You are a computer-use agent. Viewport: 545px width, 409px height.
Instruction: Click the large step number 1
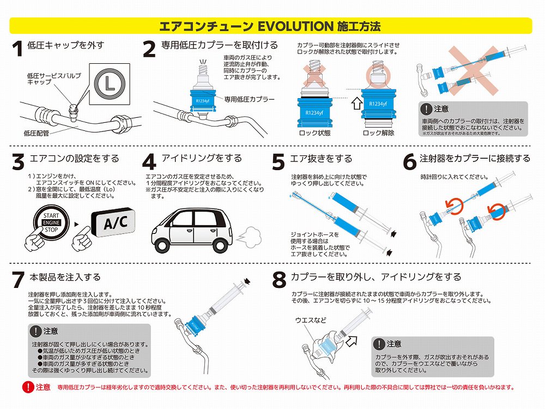click(17, 49)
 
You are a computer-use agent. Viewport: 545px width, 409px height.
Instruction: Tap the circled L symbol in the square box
click(110, 84)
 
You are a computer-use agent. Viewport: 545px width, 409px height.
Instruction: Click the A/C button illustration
click(113, 222)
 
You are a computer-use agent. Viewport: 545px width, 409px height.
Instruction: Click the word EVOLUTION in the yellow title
click(295, 26)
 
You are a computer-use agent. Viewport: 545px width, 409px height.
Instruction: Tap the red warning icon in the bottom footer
click(27, 387)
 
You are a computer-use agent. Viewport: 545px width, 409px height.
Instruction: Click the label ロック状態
click(314, 133)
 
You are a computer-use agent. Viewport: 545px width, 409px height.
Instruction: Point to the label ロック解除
click(379, 133)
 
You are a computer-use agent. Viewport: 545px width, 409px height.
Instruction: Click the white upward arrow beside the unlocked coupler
click(356, 103)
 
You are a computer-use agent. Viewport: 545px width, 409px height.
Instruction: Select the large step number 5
click(278, 162)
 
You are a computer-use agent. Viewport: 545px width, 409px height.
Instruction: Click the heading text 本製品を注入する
click(65, 277)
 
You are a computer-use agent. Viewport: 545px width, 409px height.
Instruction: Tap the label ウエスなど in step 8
click(311, 320)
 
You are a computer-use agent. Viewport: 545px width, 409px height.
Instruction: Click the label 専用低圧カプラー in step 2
click(249, 99)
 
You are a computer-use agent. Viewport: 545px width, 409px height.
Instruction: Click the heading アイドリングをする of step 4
click(202, 158)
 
